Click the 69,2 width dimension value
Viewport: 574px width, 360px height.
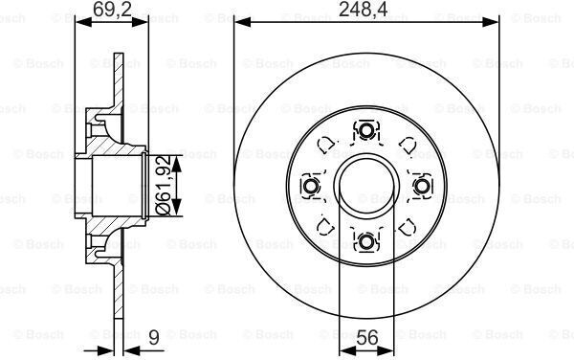coord(112,9)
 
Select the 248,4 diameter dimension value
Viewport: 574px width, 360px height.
coord(363,10)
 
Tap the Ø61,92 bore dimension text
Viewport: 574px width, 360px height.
coord(163,185)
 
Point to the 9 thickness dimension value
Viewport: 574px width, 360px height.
coord(154,337)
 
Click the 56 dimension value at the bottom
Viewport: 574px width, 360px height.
coord(367,337)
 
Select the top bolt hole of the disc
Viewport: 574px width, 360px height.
coord(366,131)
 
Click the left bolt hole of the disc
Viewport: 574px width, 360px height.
coord(311,186)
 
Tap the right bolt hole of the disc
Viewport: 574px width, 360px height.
coord(422,186)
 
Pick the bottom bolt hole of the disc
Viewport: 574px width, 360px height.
coord(366,241)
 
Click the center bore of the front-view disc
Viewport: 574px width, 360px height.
coord(366,186)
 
